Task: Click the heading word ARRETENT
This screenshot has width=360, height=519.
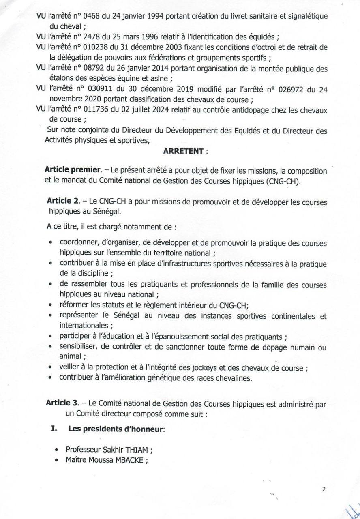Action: click(183, 151)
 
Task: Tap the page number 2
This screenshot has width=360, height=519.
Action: click(324, 489)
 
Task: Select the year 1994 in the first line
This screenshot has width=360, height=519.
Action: click(154, 16)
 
